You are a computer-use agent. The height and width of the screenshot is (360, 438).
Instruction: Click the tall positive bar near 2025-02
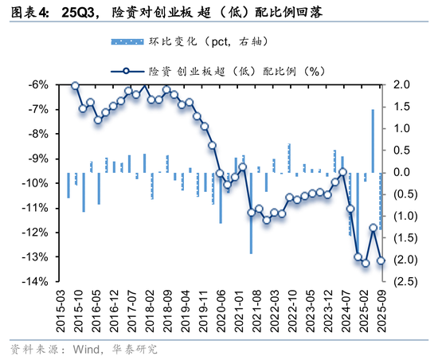coord(373,140)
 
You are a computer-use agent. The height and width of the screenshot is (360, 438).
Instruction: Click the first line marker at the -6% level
coord(75,85)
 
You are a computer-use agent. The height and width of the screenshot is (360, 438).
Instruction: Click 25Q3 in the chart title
coord(80,13)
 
